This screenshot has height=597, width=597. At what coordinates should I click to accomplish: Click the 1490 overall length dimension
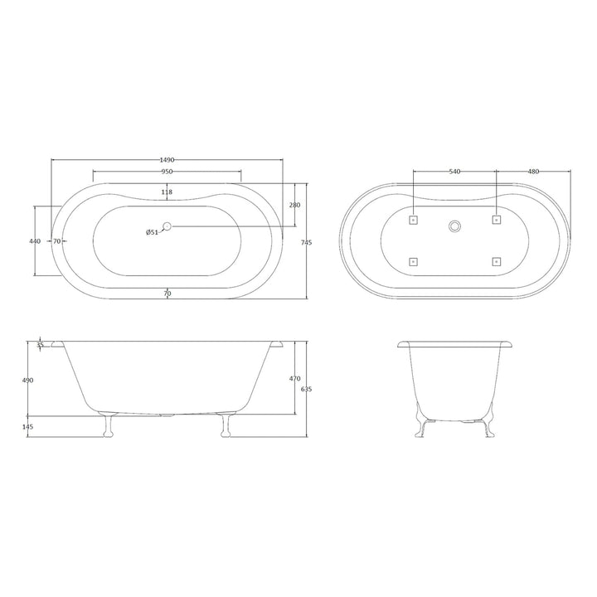(167, 160)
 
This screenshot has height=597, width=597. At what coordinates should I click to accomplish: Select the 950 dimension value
(167, 172)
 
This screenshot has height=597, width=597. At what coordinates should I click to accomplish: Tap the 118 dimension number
(167, 192)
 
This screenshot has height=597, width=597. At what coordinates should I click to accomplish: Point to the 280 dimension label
(294, 204)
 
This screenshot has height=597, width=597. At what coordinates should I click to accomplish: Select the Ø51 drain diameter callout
(152, 232)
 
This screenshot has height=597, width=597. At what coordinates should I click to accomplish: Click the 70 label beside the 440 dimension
(58, 240)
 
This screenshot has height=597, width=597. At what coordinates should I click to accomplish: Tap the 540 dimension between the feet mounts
(454, 172)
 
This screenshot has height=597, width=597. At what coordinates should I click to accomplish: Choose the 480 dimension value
(533, 172)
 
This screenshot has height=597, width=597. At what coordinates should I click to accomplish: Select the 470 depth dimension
(294, 379)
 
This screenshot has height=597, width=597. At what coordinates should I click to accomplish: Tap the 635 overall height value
(306, 390)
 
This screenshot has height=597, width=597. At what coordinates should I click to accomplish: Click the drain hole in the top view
(167, 226)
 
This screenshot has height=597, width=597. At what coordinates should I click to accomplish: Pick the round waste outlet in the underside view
(454, 226)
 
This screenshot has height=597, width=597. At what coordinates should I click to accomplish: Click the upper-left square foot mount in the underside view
(414, 220)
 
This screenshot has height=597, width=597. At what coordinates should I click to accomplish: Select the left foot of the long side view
(105, 425)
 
